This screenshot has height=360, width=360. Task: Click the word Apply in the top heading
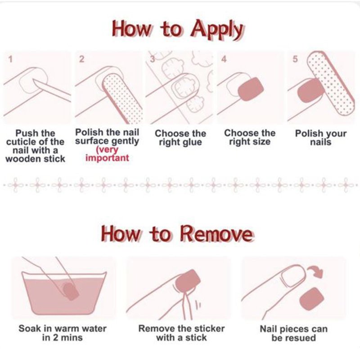tap(216, 30)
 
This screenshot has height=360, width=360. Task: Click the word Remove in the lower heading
tap(216, 234)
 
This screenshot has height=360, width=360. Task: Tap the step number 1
tap(10, 59)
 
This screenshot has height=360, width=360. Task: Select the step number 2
tap(81, 59)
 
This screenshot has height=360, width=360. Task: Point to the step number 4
tap(224, 59)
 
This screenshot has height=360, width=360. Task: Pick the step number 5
tap(295, 59)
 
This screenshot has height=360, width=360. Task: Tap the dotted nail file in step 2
tap(121, 98)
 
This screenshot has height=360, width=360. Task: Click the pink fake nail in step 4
tap(251, 89)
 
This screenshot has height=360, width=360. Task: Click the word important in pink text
tap(107, 158)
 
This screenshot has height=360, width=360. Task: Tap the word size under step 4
tap(261, 142)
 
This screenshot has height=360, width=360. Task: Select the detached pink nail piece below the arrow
tap(312, 299)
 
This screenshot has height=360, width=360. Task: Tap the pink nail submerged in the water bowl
tap(71, 291)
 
